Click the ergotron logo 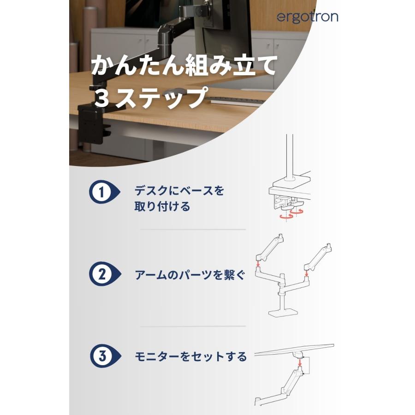click(308, 17)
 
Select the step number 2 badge click(101, 275)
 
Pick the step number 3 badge click(101, 356)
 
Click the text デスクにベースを click(179, 190)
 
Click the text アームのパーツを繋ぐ click(189, 275)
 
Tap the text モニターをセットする click(190, 356)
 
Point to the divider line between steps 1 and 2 click(193, 229)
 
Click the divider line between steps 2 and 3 click(193, 326)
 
